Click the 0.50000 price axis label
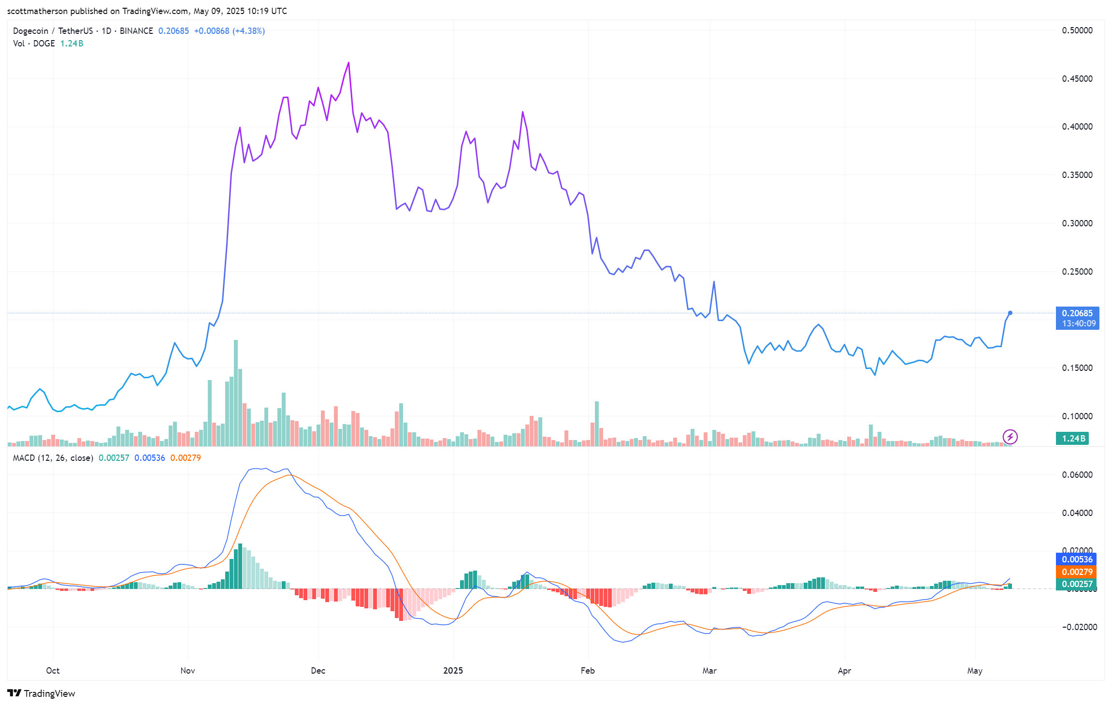1077,30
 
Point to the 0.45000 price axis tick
1077,79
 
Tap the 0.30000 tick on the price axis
1077,223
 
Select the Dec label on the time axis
318,671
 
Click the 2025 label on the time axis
453,671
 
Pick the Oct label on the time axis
53,671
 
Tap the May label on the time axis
975,671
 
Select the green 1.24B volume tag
1072,439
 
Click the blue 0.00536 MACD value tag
1077,559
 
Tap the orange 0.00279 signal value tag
1077,572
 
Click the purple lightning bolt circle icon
1010,437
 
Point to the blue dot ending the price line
1010,313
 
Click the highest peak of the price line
348,63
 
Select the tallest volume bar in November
236,392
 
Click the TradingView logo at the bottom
42,693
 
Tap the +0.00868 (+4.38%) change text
229,31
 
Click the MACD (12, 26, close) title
53,458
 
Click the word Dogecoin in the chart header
30,31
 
